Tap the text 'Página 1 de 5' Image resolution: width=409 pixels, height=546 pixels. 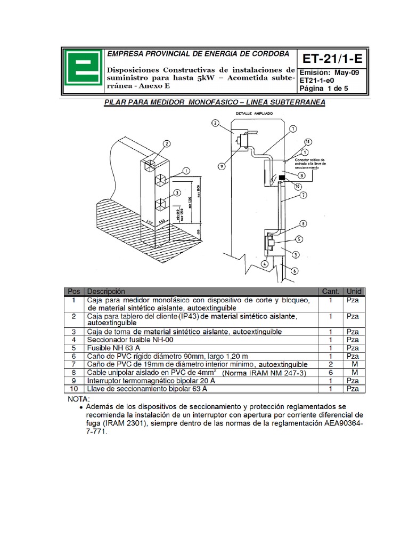click(x=324, y=89)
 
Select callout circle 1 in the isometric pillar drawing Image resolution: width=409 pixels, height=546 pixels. click(x=186, y=171)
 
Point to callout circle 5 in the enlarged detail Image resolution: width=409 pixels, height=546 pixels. click(x=300, y=239)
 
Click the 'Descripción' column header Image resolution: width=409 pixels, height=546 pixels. click(x=106, y=291)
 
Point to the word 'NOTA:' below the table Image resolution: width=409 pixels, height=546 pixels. click(x=78, y=399)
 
